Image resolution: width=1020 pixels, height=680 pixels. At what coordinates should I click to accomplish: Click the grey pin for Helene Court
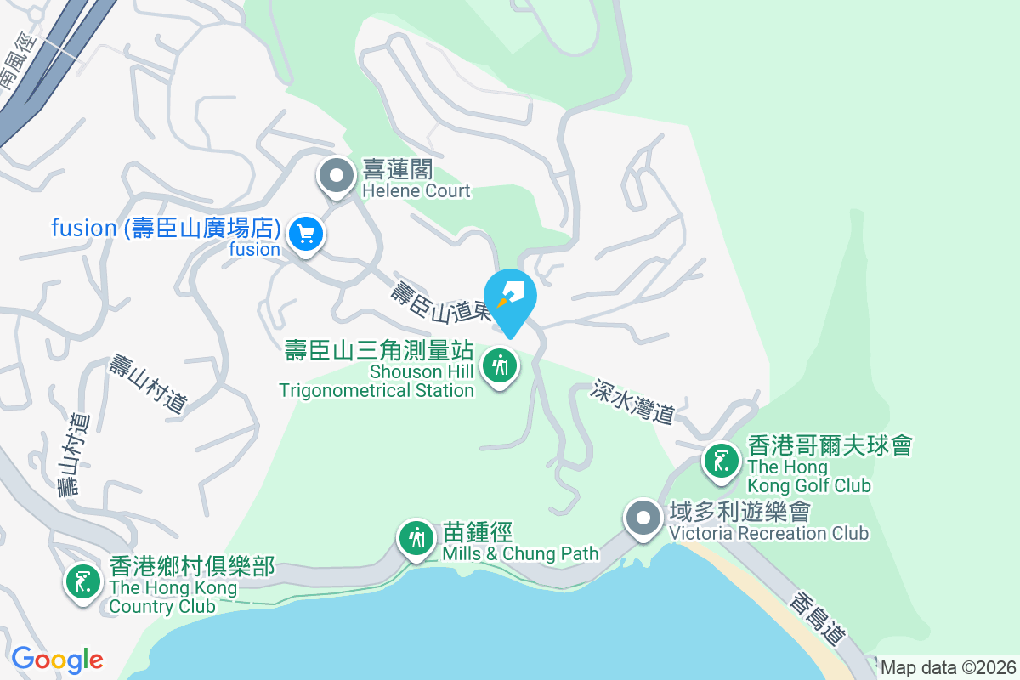pyautogui.click(x=337, y=177)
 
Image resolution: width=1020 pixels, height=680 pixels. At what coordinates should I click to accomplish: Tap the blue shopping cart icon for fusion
pyautogui.click(x=305, y=234)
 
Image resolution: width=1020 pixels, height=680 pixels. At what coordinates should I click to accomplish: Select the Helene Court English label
pyautogui.click(x=416, y=191)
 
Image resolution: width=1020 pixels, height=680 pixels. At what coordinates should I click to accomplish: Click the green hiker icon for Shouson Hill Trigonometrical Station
pyautogui.click(x=500, y=366)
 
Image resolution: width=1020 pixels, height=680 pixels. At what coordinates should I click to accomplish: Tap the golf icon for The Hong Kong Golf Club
pyautogui.click(x=722, y=462)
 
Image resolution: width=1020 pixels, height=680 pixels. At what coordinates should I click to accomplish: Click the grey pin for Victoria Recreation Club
pyautogui.click(x=643, y=518)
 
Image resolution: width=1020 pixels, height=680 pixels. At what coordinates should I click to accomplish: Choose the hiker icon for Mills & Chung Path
pyautogui.click(x=416, y=538)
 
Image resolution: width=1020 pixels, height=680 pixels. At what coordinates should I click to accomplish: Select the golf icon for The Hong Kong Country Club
pyautogui.click(x=82, y=582)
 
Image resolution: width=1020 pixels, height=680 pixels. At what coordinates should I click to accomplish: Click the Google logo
pyautogui.click(x=57, y=660)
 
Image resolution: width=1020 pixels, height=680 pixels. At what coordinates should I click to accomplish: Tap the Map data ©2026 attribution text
pyautogui.click(x=948, y=667)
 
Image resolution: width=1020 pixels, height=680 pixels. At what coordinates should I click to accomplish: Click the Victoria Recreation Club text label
pyautogui.click(x=768, y=534)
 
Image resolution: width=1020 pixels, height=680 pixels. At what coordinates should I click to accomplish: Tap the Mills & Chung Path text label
pyautogui.click(x=520, y=554)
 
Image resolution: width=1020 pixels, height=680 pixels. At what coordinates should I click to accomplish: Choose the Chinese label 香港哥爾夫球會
pyautogui.click(x=830, y=445)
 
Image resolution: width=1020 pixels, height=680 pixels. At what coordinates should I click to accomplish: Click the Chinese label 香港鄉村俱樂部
pyautogui.click(x=192, y=566)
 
